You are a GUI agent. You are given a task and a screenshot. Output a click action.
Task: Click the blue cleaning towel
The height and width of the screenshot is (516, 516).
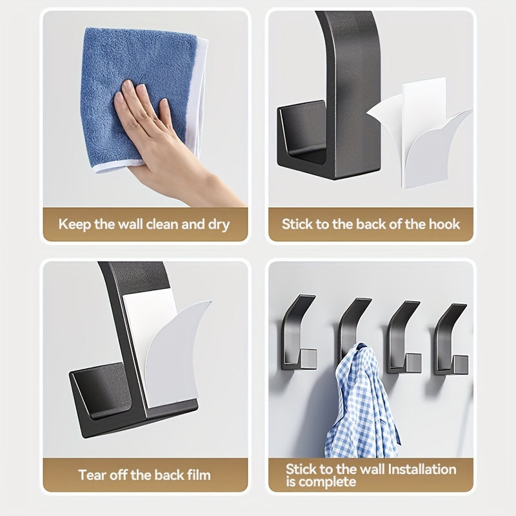138,95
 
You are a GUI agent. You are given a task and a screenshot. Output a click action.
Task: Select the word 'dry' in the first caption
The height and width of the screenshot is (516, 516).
219,225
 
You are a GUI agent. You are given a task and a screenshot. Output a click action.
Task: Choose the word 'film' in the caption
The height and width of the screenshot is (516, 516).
199,475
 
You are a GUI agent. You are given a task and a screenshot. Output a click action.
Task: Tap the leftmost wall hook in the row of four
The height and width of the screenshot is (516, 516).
299,332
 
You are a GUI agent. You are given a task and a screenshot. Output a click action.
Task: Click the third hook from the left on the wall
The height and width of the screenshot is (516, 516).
404,337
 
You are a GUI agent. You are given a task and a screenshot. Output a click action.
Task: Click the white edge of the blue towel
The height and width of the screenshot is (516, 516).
197,99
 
